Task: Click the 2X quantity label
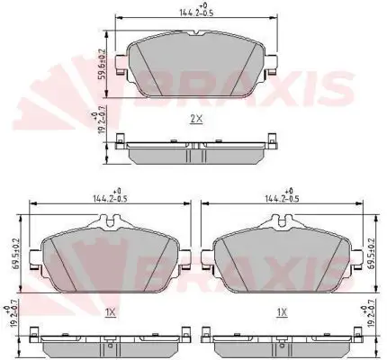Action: (196, 119)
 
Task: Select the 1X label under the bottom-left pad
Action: (111, 313)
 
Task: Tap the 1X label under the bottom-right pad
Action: (282, 313)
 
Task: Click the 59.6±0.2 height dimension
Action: (103, 64)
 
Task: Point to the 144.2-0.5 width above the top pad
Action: (196, 13)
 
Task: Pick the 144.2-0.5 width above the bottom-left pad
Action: (110, 198)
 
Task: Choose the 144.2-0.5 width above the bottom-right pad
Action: (282, 198)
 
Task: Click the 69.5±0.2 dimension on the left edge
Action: (16, 254)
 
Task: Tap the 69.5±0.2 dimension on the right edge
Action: (373, 254)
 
